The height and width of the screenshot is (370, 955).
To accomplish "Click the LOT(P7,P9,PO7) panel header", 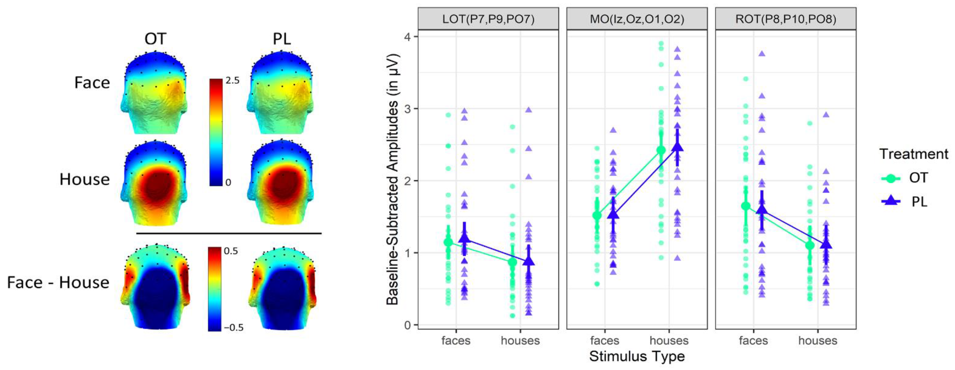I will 488,18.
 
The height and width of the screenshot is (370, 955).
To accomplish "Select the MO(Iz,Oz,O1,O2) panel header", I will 637,18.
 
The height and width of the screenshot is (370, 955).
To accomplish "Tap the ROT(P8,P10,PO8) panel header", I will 786,18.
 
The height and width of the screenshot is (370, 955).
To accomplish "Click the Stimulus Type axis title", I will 637,356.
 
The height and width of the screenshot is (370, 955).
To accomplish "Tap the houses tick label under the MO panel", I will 669,340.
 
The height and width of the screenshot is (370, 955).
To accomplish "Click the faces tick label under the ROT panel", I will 753,340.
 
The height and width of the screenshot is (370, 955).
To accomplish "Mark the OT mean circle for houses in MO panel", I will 661,150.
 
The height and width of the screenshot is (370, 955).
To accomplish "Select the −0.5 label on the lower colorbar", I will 233,327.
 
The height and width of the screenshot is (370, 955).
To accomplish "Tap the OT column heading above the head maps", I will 155,39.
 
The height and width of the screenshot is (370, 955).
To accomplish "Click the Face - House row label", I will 58,283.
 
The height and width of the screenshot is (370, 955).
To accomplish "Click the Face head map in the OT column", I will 155,92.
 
